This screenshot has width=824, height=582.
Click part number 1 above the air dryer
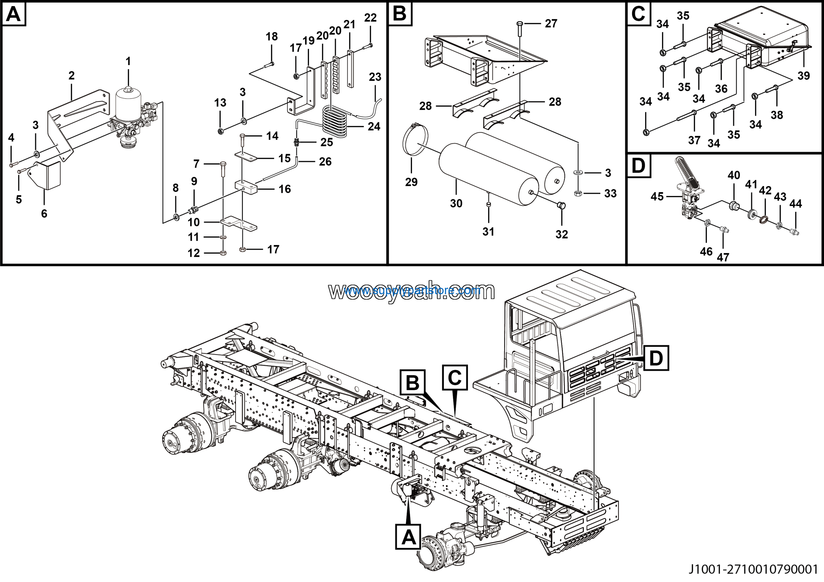point(128,61)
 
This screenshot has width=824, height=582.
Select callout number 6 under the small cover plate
point(44,213)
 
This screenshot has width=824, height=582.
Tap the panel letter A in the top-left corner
point(14,14)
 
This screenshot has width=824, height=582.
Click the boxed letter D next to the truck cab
point(656,358)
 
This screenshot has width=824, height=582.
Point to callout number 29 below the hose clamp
point(411,182)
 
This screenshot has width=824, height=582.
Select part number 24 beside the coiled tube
point(374,126)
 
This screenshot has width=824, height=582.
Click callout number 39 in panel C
point(803,76)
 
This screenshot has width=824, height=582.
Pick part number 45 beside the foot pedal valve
point(657,197)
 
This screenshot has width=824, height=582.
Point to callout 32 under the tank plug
point(562,234)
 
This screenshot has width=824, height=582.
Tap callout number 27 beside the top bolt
point(551,24)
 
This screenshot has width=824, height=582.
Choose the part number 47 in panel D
point(723,257)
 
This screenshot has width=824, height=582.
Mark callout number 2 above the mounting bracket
point(71,76)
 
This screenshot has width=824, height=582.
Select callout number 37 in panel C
point(694,140)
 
